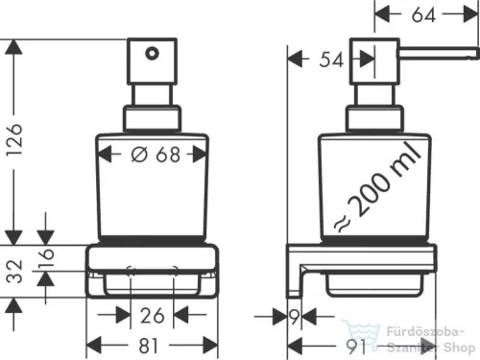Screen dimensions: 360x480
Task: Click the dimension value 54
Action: pos(331,60)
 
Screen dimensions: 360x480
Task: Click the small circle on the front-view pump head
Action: pos(150,55)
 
